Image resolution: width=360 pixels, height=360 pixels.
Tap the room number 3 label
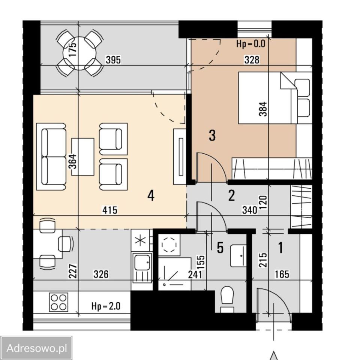click(x=212, y=135)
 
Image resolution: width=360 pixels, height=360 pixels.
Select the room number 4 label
click(x=151, y=196)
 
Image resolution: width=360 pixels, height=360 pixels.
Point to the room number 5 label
click(x=220, y=247)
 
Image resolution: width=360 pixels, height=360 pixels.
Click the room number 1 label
click(x=280, y=247)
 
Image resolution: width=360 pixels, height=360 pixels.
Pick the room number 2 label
click(x=231, y=196)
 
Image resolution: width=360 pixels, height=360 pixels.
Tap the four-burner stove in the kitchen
click(x=58, y=302)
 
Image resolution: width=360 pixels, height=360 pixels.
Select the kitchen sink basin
click(x=142, y=262)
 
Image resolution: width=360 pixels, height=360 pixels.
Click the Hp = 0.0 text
click(x=251, y=43)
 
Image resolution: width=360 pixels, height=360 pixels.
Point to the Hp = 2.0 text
click(x=106, y=306)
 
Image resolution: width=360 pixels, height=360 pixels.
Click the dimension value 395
click(x=113, y=60)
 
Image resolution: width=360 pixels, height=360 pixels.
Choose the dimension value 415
click(x=110, y=210)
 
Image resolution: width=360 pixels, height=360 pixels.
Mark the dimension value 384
click(x=263, y=109)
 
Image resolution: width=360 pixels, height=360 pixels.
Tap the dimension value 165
click(x=282, y=274)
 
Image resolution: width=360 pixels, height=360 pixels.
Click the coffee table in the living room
click(x=82, y=157)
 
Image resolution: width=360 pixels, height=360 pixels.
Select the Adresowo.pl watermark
click(x=37, y=348)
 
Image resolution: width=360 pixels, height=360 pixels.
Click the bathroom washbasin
click(x=238, y=255)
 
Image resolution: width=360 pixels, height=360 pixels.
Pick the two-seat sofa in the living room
click(x=51, y=157)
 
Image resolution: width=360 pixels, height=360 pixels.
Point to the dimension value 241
click(x=195, y=274)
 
